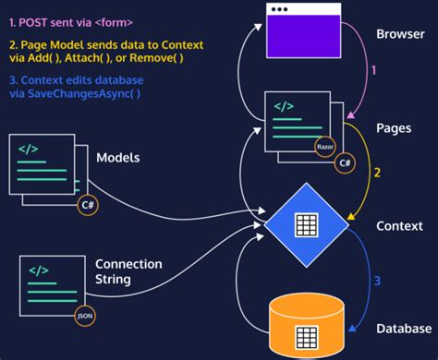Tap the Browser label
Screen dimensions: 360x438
(x=399, y=35)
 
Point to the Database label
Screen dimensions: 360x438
(x=403, y=329)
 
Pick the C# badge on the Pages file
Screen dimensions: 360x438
(x=345, y=162)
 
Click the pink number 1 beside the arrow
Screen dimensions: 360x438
(x=373, y=69)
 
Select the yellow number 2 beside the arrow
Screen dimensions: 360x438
(x=376, y=173)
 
